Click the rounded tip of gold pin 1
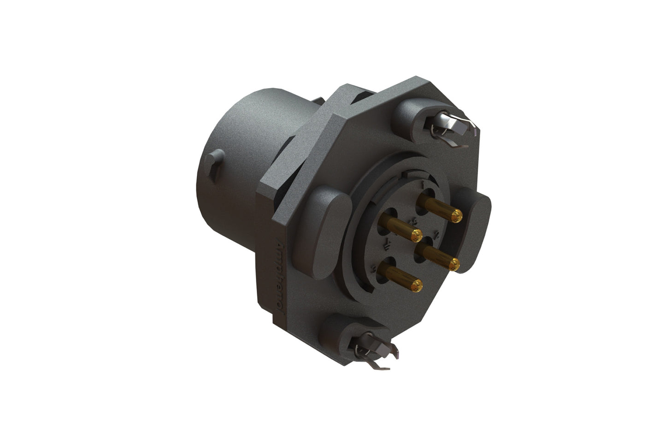pyautogui.click(x=457, y=214)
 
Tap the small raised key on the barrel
pyautogui.click(x=215, y=163)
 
